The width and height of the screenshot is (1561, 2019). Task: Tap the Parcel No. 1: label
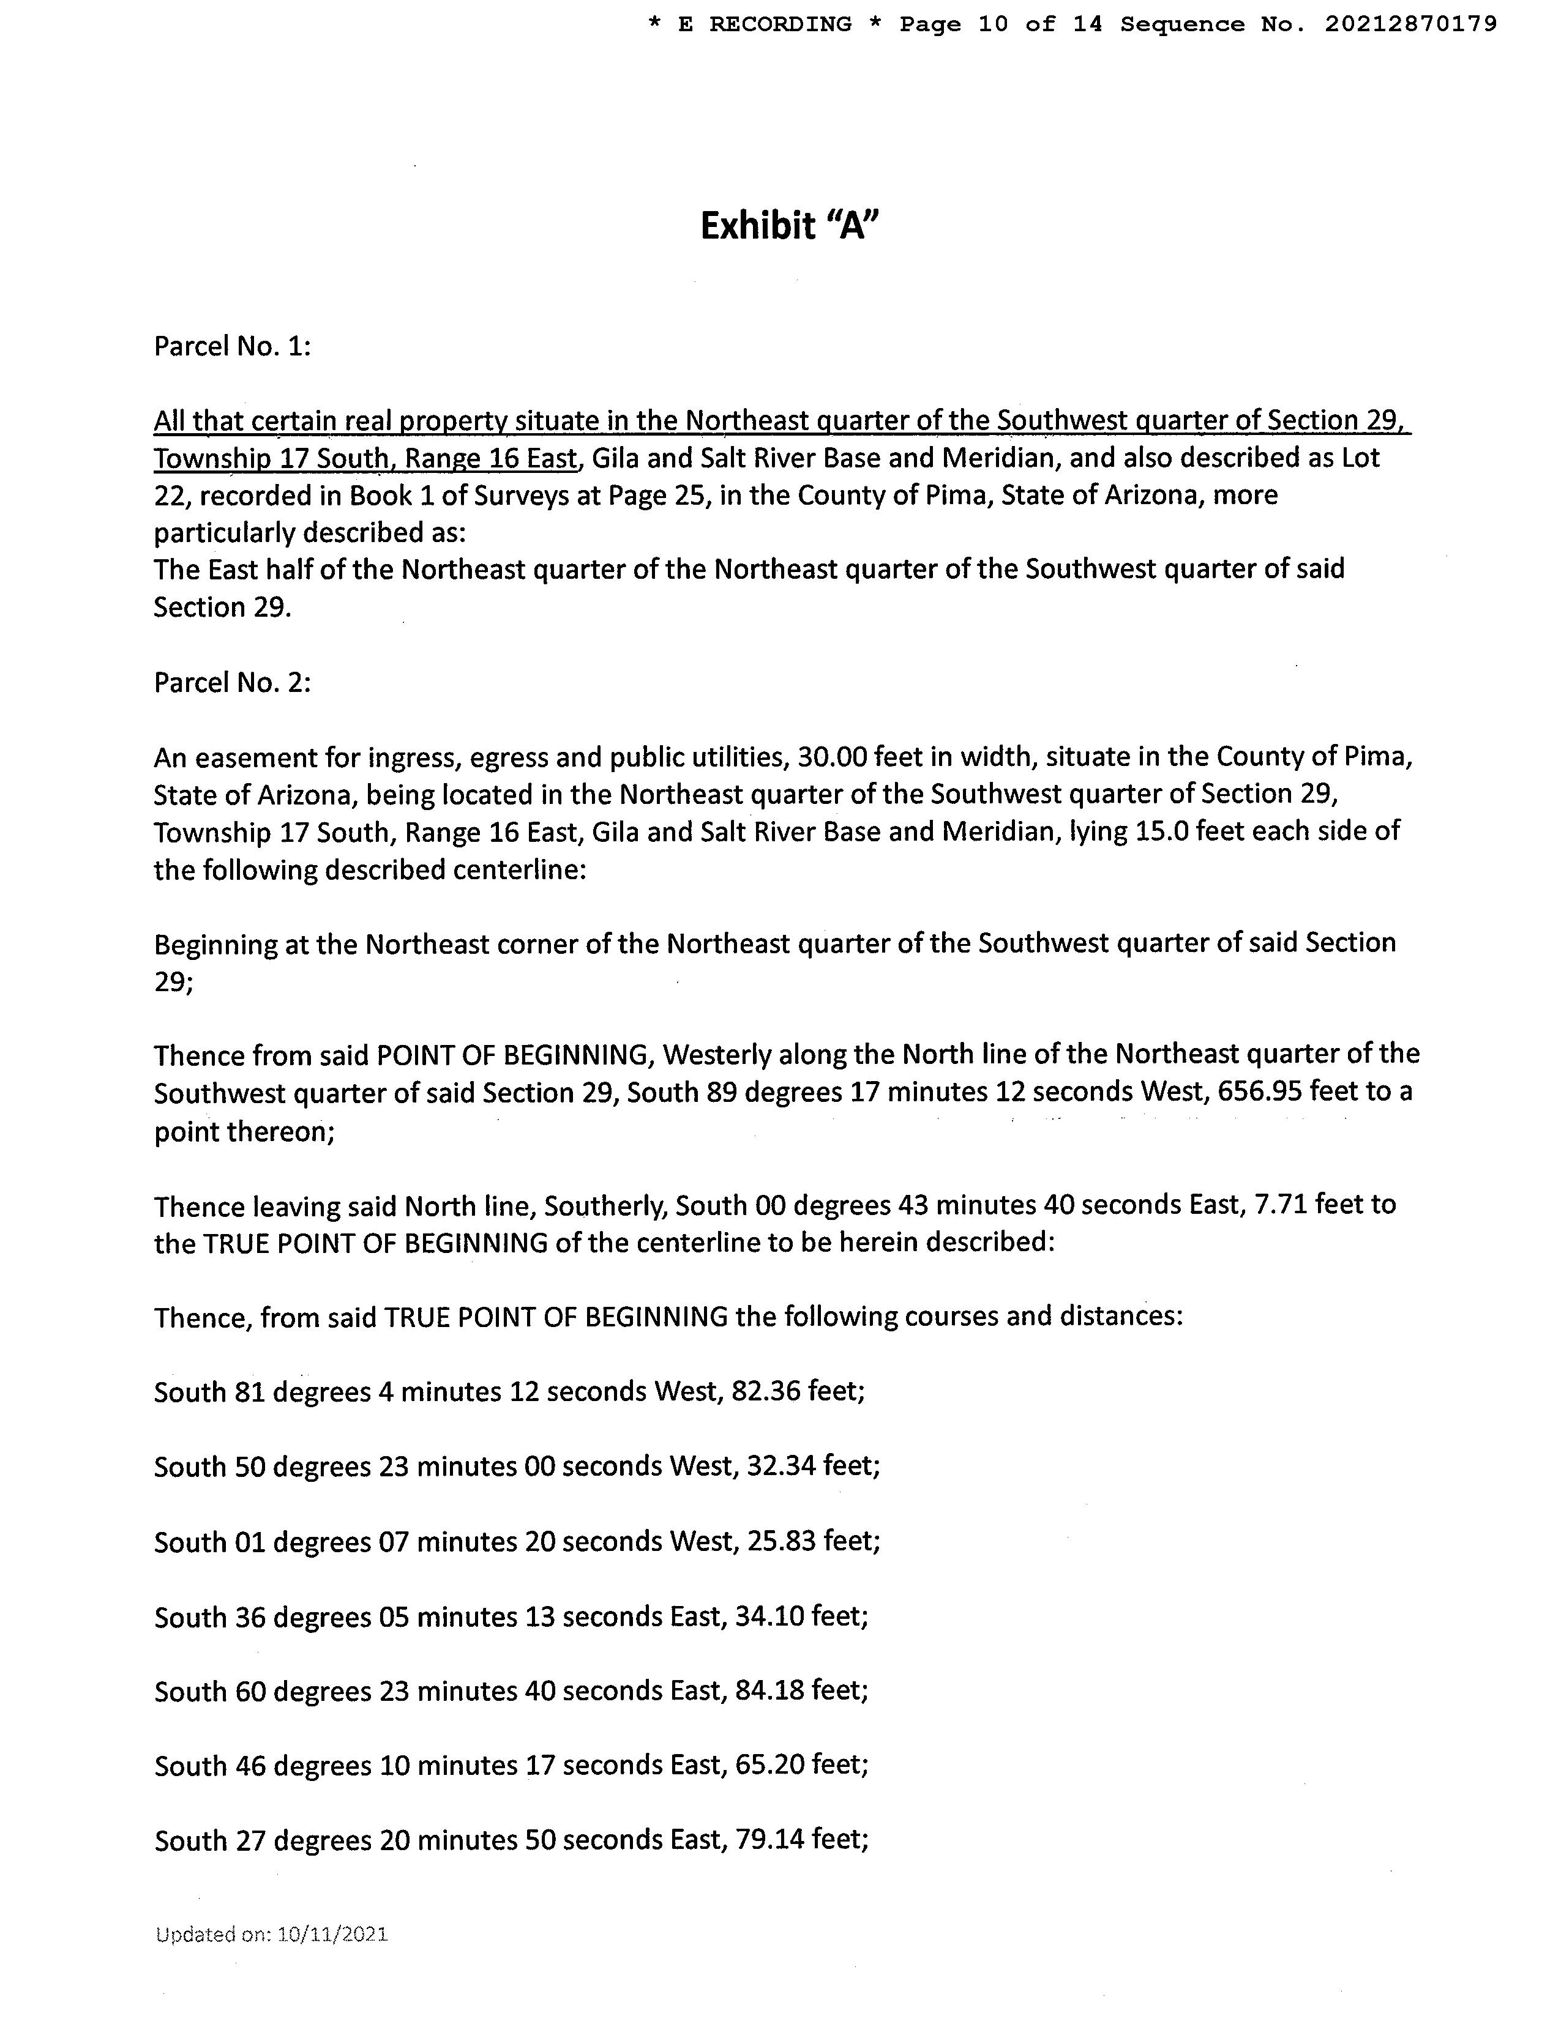point(232,347)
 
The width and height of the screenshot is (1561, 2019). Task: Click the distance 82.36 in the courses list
point(765,1391)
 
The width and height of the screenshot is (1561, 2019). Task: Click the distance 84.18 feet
point(769,1691)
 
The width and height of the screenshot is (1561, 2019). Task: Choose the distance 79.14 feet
point(769,1840)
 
